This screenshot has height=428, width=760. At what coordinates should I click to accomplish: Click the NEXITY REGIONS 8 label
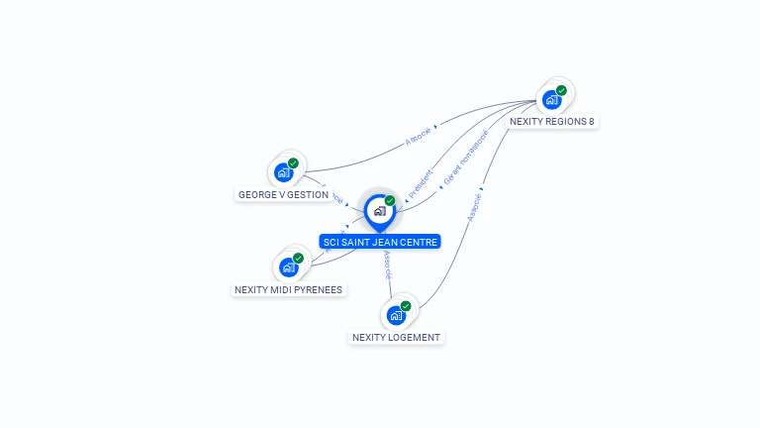(x=551, y=122)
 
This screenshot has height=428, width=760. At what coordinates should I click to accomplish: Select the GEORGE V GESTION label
(x=283, y=195)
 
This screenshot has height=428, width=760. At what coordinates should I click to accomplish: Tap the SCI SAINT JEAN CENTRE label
(x=380, y=242)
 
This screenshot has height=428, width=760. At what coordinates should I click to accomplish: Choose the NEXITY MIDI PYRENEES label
(x=288, y=290)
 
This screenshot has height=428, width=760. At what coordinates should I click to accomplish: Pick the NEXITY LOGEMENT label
(x=396, y=338)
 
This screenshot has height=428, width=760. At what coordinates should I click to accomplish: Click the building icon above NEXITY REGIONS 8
(x=550, y=100)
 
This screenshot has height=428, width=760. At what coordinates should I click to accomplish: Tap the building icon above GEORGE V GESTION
(x=283, y=172)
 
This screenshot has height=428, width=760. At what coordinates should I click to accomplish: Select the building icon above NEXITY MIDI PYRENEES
(x=288, y=267)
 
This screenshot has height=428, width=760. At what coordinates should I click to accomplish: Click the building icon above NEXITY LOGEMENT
(x=396, y=315)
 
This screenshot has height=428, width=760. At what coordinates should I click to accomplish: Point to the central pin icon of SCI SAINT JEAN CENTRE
(x=379, y=211)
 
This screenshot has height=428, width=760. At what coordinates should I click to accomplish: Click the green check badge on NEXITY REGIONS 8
(x=561, y=90)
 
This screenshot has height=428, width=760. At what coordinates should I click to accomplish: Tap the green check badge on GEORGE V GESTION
(x=293, y=163)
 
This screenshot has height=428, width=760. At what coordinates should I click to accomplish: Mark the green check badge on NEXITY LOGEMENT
(x=406, y=306)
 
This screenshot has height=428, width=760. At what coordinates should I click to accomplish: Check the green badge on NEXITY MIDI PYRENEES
(x=298, y=259)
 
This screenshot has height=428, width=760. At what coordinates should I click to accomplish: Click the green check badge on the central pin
(x=390, y=201)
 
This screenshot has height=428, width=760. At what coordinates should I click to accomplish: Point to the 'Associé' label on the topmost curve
(x=419, y=136)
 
